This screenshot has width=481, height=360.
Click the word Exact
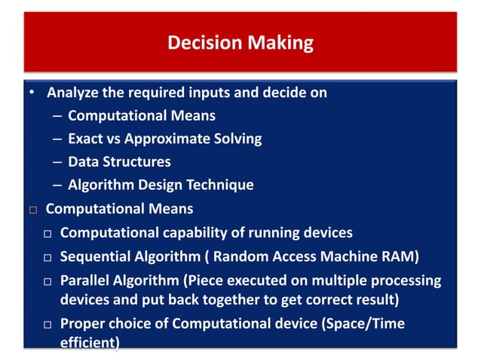tap(86, 139)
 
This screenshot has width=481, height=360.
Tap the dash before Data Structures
tap(58, 162)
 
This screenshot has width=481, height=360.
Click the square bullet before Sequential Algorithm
tap(46, 258)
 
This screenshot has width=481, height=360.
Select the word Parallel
tap(85, 280)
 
